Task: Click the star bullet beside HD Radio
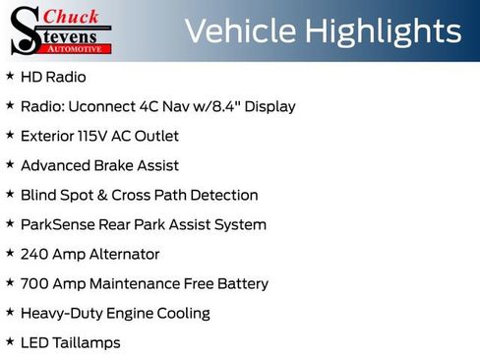click(x=10, y=76)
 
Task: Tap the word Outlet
click(x=157, y=136)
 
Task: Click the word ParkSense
click(x=56, y=224)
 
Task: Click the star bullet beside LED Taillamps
click(x=10, y=341)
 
